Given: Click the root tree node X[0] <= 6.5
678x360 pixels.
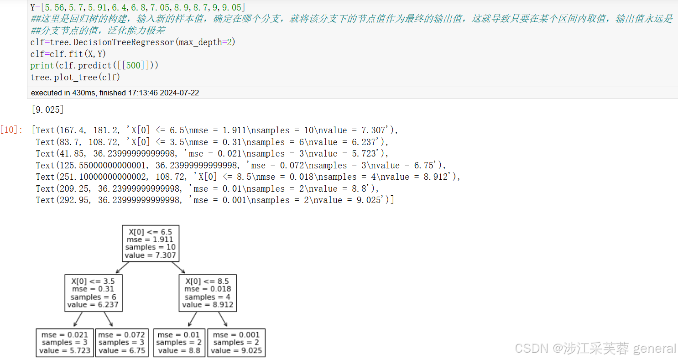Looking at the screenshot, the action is (x=151, y=243).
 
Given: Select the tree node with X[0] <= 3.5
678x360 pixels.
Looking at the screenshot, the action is (x=94, y=293).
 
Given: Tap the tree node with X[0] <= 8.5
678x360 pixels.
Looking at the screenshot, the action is (x=208, y=293).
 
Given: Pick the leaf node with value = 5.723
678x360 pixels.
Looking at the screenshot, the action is (x=65, y=342).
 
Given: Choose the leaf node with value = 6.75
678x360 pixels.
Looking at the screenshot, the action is (x=122, y=342).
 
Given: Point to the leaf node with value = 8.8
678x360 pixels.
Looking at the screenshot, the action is (x=179, y=342).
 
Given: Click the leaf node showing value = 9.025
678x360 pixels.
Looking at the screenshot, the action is (x=236, y=342).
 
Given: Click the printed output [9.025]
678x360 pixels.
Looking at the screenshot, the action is (x=47, y=110).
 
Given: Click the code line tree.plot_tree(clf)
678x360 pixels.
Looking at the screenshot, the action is (x=75, y=77).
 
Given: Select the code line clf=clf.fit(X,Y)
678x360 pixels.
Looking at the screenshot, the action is (x=68, y=54).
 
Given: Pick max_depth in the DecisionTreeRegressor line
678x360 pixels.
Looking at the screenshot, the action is (x=198, y=42).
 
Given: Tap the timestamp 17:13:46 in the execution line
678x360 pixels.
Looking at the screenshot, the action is (x=136, y=93).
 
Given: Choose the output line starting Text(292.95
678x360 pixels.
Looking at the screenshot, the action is (x=214, y=200).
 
